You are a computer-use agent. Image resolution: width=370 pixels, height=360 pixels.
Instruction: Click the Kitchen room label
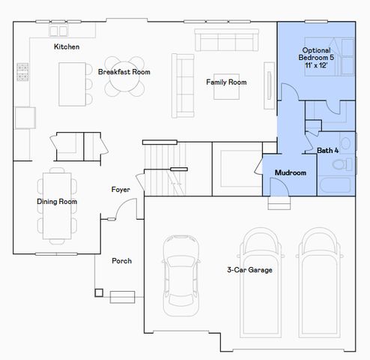[x=67, y=46]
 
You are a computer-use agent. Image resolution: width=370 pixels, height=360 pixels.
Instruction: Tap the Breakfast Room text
[x=124, y=72]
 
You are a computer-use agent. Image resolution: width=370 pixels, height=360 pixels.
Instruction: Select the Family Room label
[x=226, y=82]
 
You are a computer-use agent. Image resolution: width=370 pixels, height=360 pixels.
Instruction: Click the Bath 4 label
[x=327, y=151]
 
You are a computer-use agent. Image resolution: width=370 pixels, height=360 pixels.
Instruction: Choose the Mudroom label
[x=290, y=172]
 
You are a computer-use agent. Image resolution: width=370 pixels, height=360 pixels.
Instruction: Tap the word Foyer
[x=121, y=190]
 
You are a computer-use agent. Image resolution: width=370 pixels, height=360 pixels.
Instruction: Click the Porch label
[x=121, y=261]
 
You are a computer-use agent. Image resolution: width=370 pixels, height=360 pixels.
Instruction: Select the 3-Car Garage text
[x=249, y=270]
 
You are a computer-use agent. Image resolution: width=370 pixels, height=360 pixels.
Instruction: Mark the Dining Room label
[x=57, y=202]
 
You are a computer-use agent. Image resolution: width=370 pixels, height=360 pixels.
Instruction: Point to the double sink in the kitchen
[x=58, y=31]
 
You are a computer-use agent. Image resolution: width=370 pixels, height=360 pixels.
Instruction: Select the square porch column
[x=98, y=292]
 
